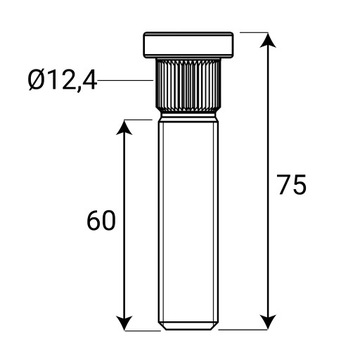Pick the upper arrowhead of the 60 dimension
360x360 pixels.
pos(125,126)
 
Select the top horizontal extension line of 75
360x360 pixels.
pos(256,32)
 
